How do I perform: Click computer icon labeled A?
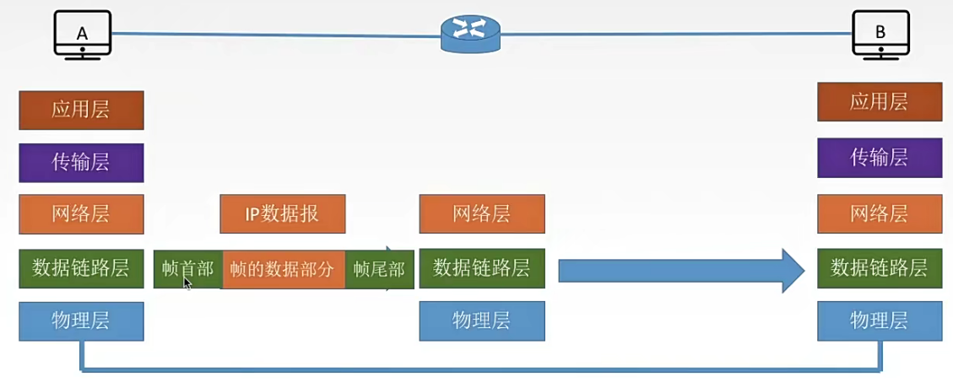pyautogui.click(x=82, y=35)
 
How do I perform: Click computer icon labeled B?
pyautogui.click(x=880, y=35)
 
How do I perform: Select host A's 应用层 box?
pyautogui.click(x=81, y=110)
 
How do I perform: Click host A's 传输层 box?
pyautogui.click(x=81, y=162)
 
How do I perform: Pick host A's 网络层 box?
pyautogui.click(x=81, y=214)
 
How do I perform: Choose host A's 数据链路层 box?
pyautogui.click(x=81, y=268)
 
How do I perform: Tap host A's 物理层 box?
pyautogui.click(x=81, y=321)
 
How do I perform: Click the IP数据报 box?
pyautogui.click(x=282, y=214)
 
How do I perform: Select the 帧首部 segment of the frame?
pyautogui.click(x=187, y=269)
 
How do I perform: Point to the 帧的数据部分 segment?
pyautogui.click(x=283, y=269)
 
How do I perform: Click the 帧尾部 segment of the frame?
pyautogui.click(x=379, y=269)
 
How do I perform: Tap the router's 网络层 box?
pyautogui.click(x=481, y=214)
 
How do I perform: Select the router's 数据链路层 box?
pyautogui.click(x=481, y=268)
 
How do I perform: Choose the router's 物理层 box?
pyautogui.click(x=481, y=321)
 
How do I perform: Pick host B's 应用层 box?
pyautogui.click(x=880, y=102)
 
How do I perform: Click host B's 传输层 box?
pyautogui.click(x=880, y=158)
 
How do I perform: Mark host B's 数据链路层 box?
pyautogui.click(x=880, y=268)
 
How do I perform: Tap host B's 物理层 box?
pyautogui.click(x=880, y=321)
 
